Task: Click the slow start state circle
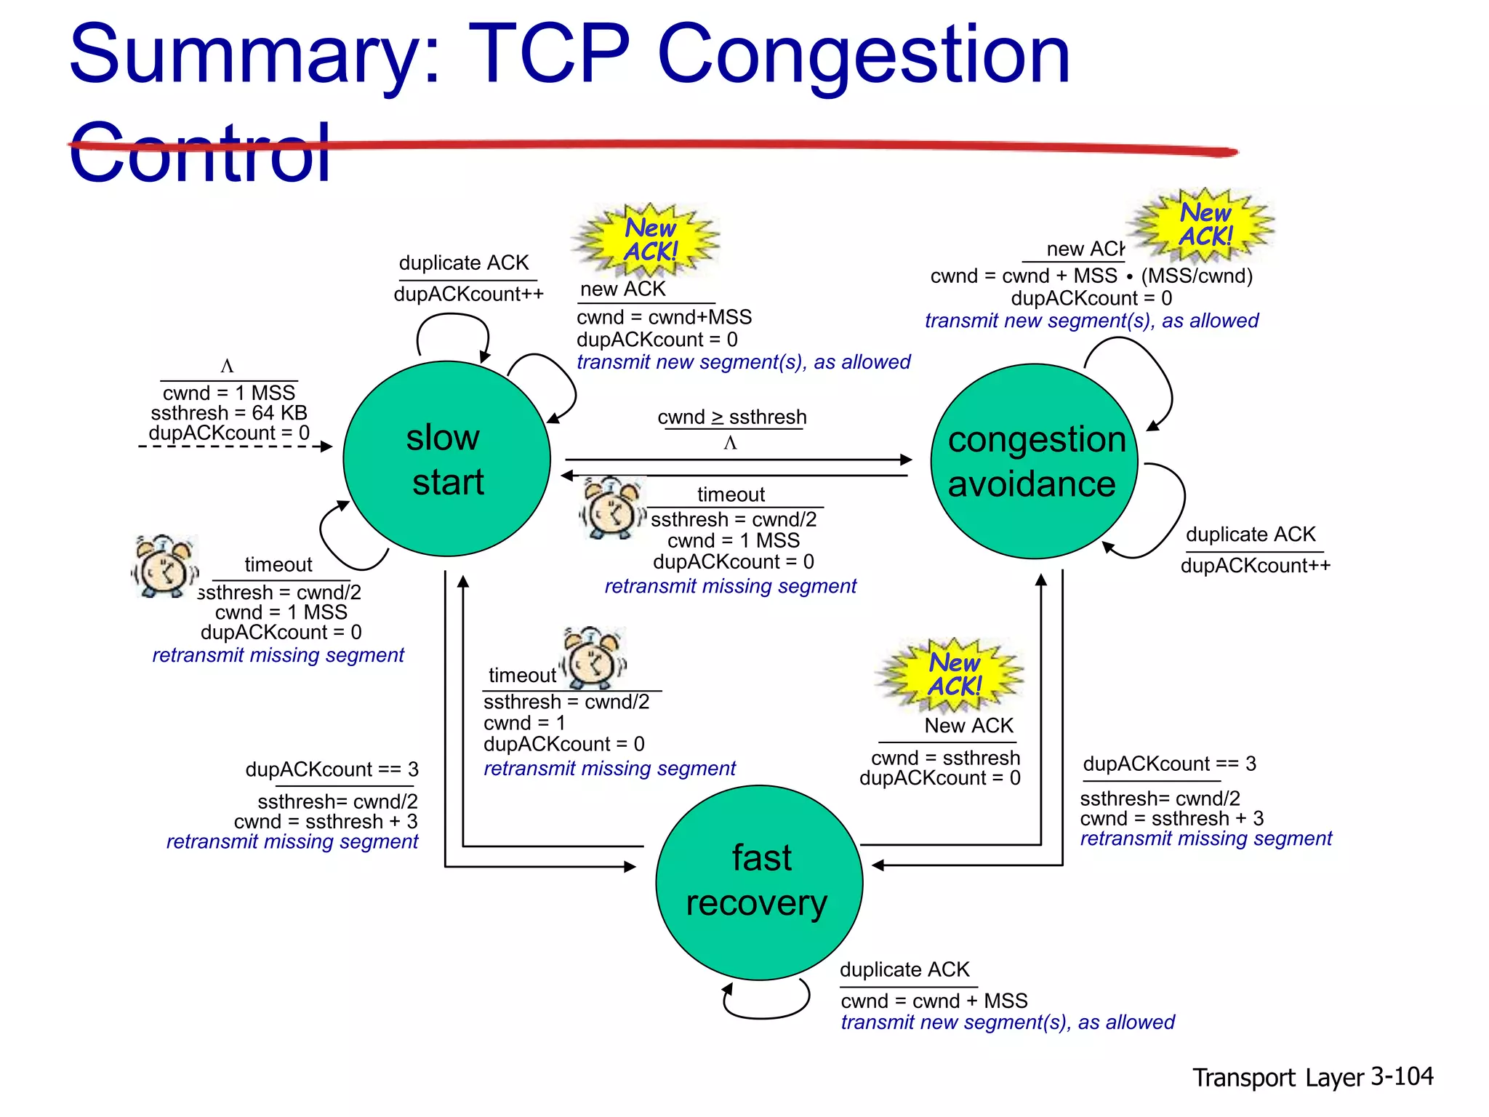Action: (446, 460)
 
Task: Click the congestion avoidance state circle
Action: (1034, 461)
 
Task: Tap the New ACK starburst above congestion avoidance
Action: (1205, 225)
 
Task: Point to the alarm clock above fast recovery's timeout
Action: (594, 658)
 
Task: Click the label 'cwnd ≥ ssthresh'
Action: (731, 417)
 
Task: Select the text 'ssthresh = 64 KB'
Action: (229, 413)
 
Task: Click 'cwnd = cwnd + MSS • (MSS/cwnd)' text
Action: (1091, 276)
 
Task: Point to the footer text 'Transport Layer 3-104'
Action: (1312, 1076)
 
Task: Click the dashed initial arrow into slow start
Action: (233, 447)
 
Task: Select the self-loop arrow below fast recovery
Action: (767, 1007)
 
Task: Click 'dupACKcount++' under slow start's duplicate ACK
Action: (468, 295)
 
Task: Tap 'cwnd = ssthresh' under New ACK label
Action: (945, 758)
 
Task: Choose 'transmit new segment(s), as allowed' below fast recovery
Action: (1007, 1022)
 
